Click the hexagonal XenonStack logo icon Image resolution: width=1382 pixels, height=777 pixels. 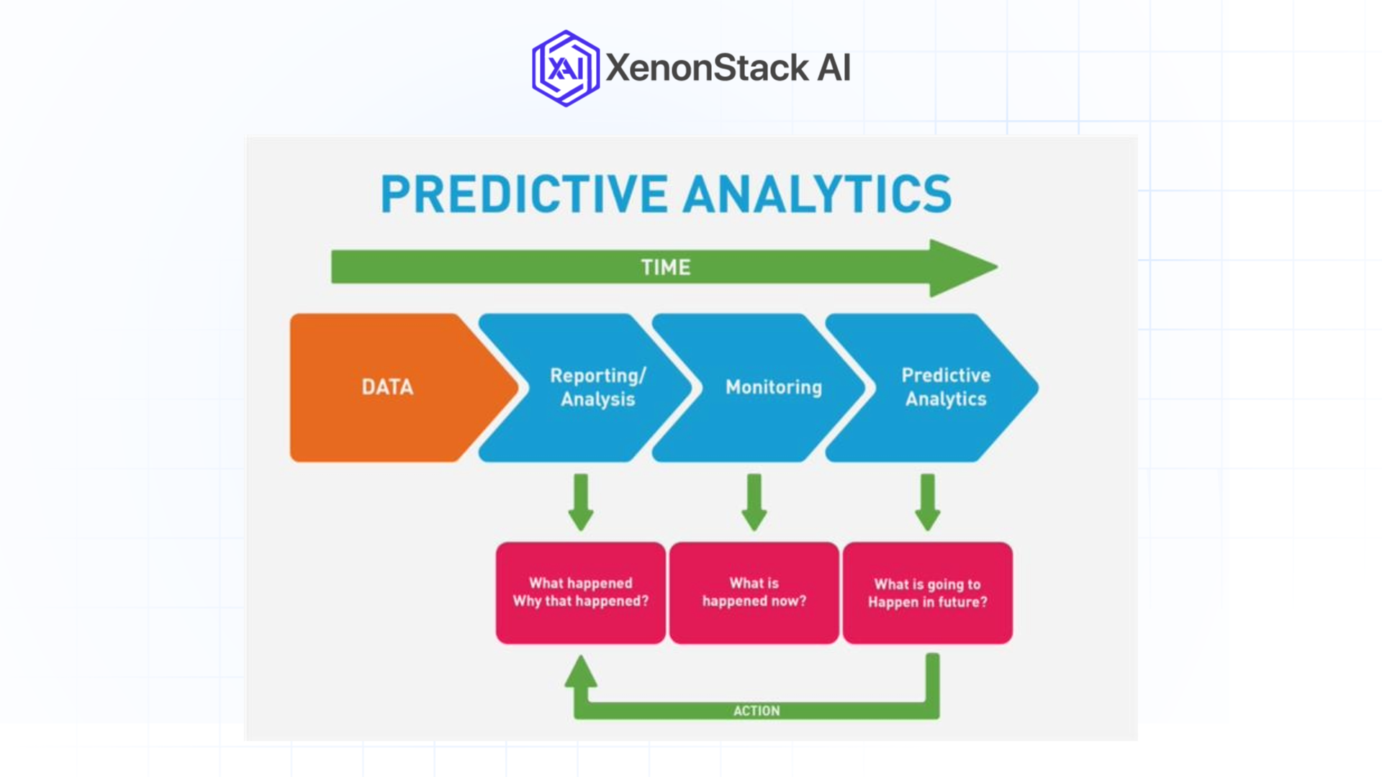coord(565,68)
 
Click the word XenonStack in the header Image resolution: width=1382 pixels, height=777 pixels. coord(707,68)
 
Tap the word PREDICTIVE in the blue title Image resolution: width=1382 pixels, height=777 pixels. coord(523,194)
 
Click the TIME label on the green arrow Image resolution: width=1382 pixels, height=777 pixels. coord(665,268)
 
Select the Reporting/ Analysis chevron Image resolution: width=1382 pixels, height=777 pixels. coord(597,387)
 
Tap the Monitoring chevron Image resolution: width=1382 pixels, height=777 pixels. coord(773,387)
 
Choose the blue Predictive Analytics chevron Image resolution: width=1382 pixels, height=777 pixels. coord(945,387)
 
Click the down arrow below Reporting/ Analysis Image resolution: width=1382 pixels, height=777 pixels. coord(581,502)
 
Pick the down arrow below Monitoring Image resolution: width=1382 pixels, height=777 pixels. coord(754,502)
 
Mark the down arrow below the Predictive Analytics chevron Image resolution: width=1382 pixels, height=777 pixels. coord(928,502)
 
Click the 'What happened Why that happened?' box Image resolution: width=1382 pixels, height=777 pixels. coord(581,593)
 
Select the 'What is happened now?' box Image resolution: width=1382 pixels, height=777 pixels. coord(754,593)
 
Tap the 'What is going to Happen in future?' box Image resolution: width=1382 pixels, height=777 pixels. coord(928,593)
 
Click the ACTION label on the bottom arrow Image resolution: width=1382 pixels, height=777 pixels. coord(756,711)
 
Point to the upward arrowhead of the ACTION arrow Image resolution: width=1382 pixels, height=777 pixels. coord(581,671)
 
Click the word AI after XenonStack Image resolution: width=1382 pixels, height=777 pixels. coord(834,68)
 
